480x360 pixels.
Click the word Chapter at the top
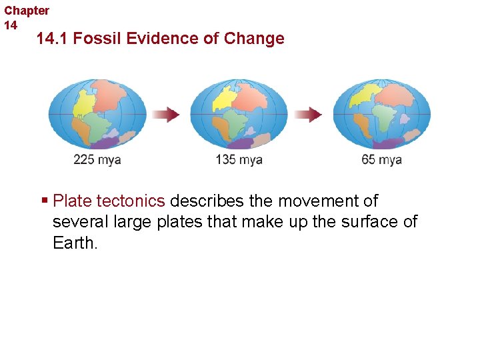pos(27,11)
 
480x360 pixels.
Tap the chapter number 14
pos(11,25)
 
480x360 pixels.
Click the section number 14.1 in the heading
pos(53,39)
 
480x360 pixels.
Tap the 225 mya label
pos(97,160)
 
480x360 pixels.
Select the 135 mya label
pos(239,160)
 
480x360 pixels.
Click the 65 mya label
pos(381,160)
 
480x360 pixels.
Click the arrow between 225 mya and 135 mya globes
pos(167,115)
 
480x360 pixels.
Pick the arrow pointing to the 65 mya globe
pos(309,115)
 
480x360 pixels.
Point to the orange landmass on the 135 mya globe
pos(219,123)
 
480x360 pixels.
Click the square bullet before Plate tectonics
pos(44,201)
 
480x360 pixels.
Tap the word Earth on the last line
pos(75,242)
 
